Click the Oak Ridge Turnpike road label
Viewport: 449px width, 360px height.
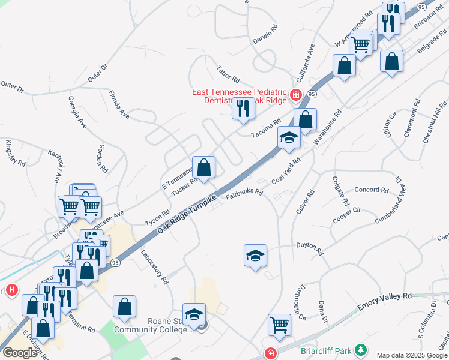click(x=187, y=214)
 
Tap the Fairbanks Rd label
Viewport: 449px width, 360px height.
click(x=244, y=194)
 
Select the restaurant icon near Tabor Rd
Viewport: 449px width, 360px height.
click(x=243, y=109)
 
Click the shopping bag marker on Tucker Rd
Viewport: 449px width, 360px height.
click(x=204, y=167)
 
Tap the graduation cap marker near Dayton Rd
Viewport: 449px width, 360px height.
click(x=256, y=256)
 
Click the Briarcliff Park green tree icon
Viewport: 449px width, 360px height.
click(x=360, y=349)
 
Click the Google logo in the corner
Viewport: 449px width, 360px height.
click(x=20, y=352)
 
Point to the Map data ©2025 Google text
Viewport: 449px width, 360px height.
click(x=412, y=355)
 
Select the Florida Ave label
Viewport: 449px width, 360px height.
click(x=119, y=104)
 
